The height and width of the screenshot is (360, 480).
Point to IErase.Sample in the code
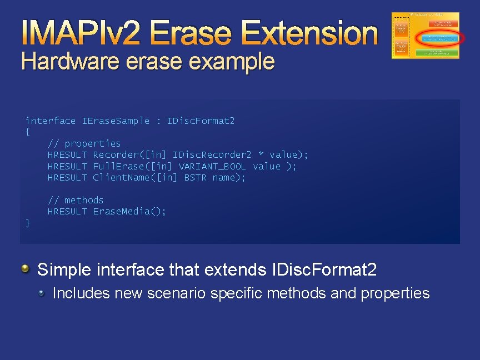pyautogui.click(x=116, y=121)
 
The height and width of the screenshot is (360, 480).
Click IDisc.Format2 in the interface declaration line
pyautogui.click(x=201, y=121)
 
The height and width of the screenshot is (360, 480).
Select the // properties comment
pyautogui.click(x=84, y=143)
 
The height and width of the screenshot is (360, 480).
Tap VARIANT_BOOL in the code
pyautogui.click(x=212, y=166)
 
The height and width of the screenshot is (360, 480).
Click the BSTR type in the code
pyautogui.click(x=195, y=178)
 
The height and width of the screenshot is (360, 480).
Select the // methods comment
pyautogui.click(x=76, y=200)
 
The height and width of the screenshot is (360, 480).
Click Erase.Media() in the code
pyautogui.click(x=129, y=211)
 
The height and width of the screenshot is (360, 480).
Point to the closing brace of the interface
pyautogui.click(x=28, y=223)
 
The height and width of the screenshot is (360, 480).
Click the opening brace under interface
pyautogui.click(x=28, y=132)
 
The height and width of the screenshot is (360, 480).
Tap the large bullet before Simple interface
pyautogui.click(x=26, y=270)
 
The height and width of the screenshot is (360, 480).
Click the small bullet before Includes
pyautogui.click(x=42, y=293)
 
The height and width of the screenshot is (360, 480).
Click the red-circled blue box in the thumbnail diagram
pyautogui.click(x=439, y=38)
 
